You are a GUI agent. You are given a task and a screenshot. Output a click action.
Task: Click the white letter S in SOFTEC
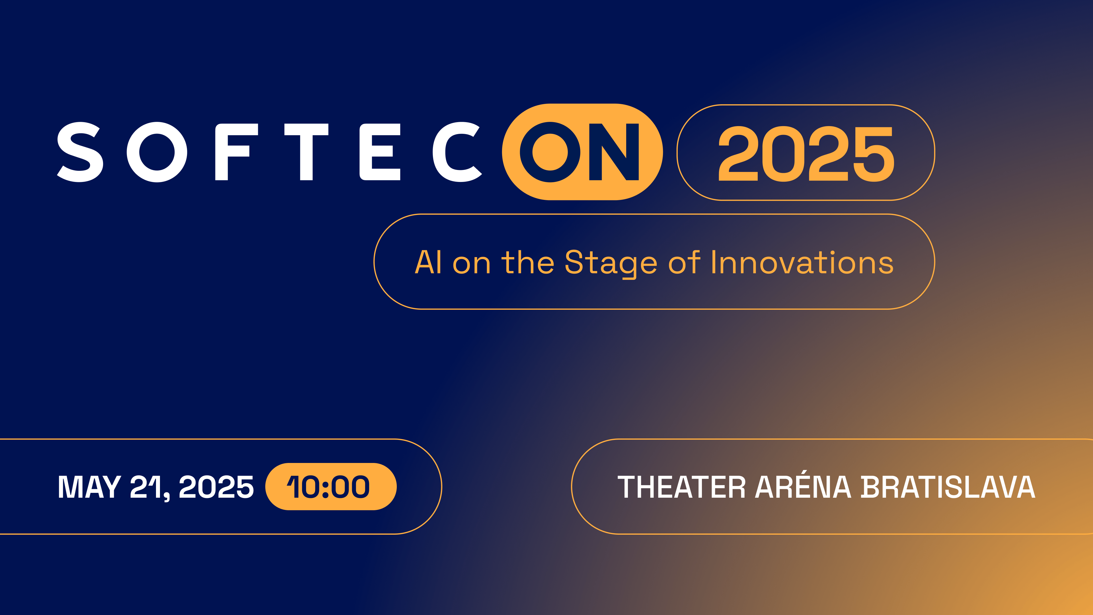[80, 152]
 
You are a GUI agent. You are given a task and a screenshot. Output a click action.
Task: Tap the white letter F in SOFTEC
[236, 152]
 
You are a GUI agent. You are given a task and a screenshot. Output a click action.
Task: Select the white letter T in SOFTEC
[306, 152]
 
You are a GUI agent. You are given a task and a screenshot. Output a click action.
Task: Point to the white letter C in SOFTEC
[457, 152]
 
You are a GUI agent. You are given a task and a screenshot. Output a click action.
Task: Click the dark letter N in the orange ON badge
[614, 152]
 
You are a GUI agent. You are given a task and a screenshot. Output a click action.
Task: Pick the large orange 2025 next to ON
[806, 154]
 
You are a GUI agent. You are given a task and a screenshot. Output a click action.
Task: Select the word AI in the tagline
[429, 262]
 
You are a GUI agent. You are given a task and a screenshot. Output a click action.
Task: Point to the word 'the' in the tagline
[528, 262]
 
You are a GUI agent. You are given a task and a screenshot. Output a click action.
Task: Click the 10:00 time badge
[331, 486]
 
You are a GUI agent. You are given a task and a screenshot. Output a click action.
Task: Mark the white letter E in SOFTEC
[380, 152]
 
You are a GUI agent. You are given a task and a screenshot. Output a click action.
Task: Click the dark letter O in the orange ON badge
[550, 152]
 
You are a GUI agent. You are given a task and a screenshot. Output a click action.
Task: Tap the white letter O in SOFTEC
[157, 152]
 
